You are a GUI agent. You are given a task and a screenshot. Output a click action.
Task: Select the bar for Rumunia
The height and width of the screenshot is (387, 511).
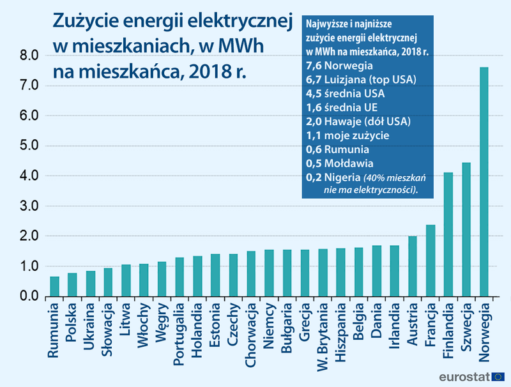[x=54, y=287]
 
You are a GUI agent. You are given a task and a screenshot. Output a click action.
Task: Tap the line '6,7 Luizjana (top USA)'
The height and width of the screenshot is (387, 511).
[x=361, y=79]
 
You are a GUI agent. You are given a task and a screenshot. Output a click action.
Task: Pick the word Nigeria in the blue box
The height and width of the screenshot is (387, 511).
[x=343, y=177]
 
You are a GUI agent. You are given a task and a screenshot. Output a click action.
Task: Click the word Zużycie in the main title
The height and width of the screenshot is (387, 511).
[x=86, y=20]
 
